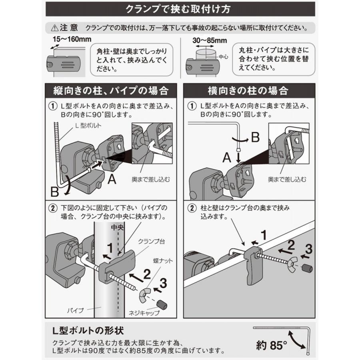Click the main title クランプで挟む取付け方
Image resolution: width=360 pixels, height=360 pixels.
tap(180, 8)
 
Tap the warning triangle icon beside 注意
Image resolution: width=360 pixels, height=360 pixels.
tap(54, 29)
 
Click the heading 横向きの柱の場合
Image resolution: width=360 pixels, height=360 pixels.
tap(248, 90)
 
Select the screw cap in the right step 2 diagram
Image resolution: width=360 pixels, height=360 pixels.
tap(307, 267)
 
